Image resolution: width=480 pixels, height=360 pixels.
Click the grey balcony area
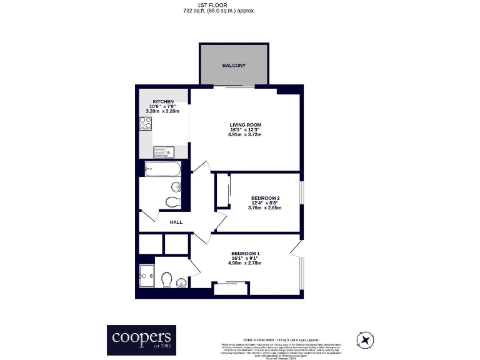coord(234,65)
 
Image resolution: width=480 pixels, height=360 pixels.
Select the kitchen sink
coord(163,151)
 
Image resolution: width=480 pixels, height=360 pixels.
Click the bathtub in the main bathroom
coord(162,168)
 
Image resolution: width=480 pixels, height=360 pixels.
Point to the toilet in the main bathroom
coord(172,201)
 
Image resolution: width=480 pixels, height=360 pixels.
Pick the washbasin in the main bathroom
coord(176,186)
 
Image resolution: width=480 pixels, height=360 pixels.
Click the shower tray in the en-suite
coord(147,274)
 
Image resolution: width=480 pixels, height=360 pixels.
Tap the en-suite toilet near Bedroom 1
coord(166,277)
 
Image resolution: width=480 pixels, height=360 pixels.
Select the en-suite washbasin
coord(181,282)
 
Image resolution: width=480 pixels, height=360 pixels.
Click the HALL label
coord(176,221)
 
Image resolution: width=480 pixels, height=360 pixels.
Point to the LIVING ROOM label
coord(246,124)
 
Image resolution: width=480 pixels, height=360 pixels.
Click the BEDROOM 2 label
coord(264,198)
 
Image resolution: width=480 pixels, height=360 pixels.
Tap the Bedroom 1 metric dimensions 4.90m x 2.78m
coord(244,263)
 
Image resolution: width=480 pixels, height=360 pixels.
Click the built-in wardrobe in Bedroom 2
coord(222,191)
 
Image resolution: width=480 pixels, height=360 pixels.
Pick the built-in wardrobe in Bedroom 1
coord(232,288)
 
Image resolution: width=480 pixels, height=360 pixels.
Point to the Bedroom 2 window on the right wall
coord(301,192)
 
